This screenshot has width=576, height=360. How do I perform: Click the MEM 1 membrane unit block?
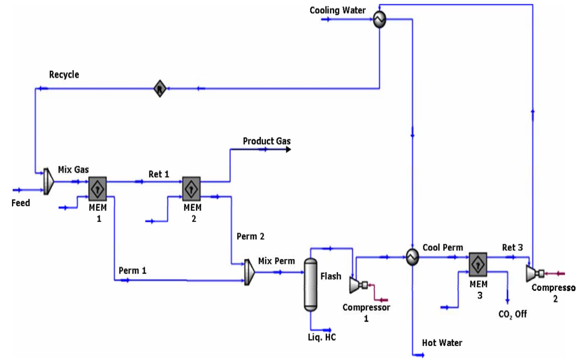98,189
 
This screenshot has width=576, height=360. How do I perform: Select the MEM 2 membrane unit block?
191,189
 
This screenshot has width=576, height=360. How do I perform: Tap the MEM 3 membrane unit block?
478,264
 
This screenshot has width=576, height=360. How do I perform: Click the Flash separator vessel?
310,285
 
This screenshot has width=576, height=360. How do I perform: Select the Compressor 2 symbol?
533,273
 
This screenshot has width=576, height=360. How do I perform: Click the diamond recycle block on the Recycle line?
160,89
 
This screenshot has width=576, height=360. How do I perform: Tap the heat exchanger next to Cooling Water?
379,19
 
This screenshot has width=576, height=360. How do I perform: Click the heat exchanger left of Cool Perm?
412,257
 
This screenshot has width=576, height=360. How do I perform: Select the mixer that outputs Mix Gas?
49,181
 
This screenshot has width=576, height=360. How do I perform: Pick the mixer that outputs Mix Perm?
249,272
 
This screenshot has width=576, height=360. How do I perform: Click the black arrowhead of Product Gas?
288,150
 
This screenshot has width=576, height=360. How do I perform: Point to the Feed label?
21,203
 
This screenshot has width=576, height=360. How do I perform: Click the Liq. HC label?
322,337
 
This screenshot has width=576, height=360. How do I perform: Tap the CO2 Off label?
512,314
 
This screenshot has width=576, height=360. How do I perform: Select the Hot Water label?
442,343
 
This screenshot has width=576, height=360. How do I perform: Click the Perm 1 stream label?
133,270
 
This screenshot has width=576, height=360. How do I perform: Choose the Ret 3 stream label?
512,247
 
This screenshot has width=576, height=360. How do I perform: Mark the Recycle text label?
64,75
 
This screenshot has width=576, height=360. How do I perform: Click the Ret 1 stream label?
159,174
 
